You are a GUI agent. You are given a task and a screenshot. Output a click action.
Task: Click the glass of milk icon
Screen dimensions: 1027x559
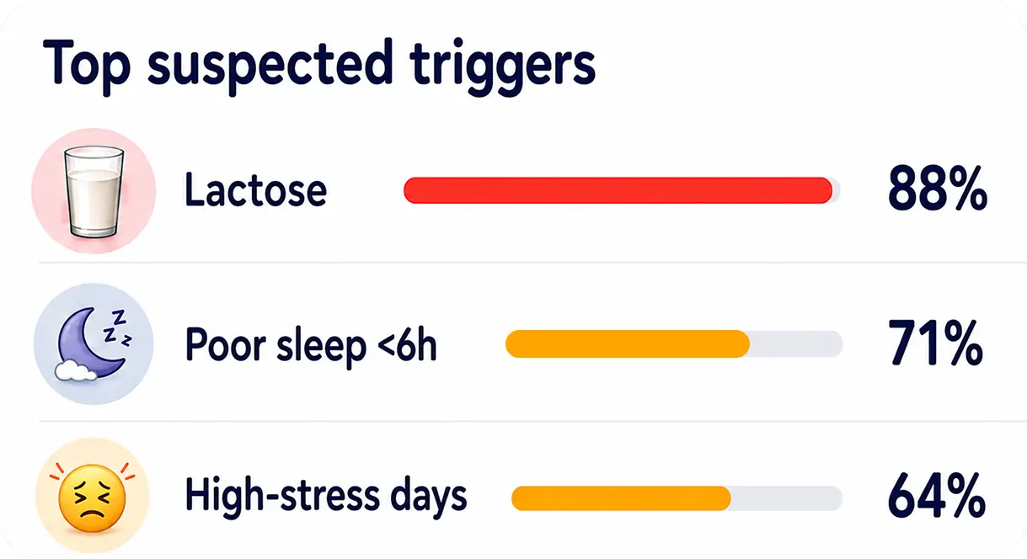[x=94, y=192]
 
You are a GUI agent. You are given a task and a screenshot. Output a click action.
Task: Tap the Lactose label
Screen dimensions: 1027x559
[x=256, y=189]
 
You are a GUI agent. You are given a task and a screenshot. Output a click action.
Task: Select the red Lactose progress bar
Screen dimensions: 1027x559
[x=618, y=190]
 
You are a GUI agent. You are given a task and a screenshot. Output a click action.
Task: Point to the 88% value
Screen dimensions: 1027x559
[x=937, y=189]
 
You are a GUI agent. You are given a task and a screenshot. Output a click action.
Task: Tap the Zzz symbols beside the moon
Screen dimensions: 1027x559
[x=117, y=327]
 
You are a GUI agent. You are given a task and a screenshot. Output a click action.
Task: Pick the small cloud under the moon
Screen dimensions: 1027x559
[x=76, y=370]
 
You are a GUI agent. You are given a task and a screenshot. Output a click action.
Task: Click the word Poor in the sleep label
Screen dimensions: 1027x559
[x=226, y=344]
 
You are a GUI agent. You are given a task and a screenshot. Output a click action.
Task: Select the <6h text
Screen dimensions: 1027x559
[x=406, y=344]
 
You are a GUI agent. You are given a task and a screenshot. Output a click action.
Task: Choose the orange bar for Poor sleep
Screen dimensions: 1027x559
[x=628, y=343]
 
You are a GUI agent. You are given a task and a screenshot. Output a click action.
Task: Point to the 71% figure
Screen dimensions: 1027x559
[x=935, y=343]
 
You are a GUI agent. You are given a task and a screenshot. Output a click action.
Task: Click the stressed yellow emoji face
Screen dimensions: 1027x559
[x=92, y=498]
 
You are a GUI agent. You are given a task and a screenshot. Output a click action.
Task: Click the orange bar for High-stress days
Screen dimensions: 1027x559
[x=621, y=498]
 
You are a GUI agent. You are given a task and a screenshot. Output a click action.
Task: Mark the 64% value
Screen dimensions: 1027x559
[x=936, y=496]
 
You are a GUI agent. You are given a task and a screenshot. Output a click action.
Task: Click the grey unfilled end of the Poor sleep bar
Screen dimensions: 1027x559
[x=796, y=343]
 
